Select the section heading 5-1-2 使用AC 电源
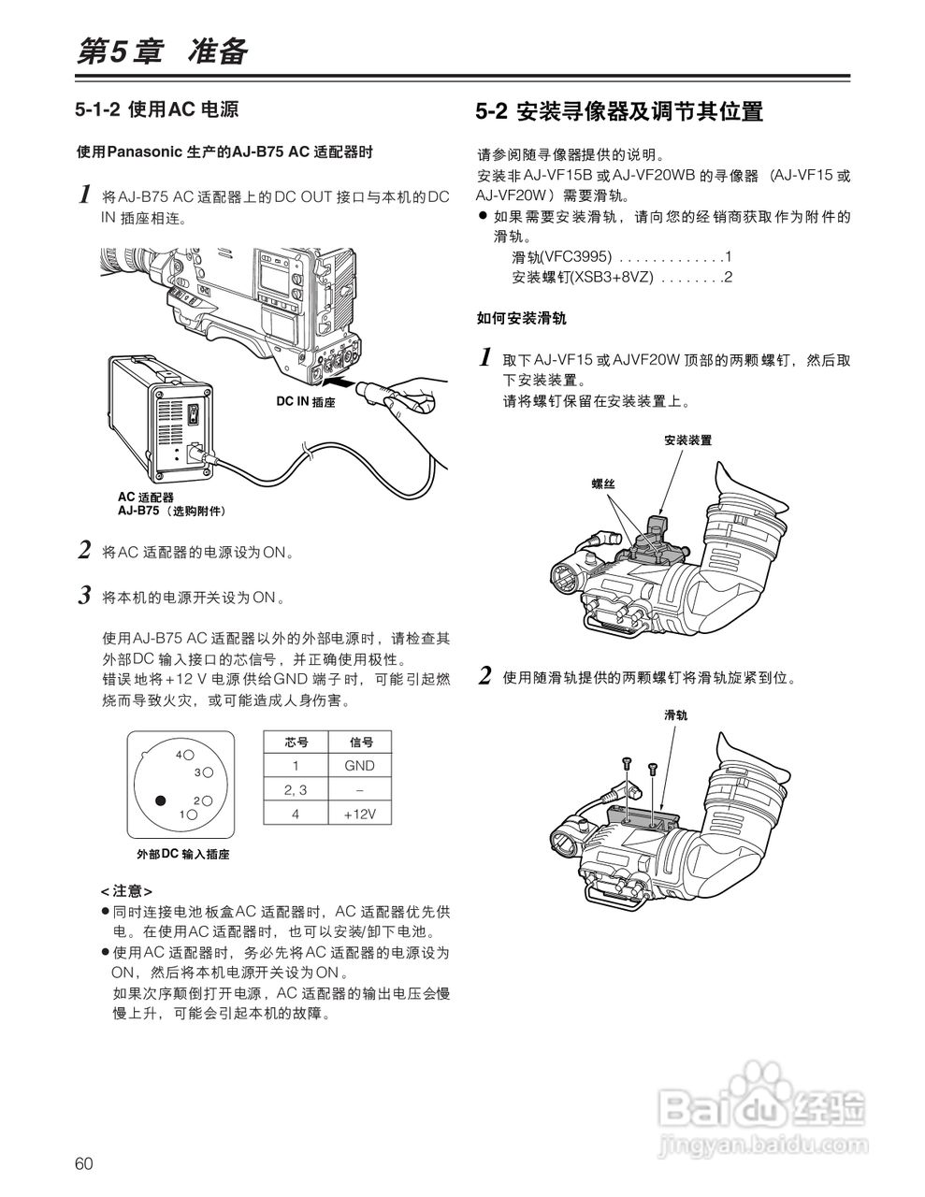point(157,109)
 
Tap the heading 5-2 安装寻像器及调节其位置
point(619,112)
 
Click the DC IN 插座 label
point(306,401)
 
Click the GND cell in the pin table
point(359,765)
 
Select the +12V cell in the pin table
point(359,815)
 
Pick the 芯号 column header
point(296,742)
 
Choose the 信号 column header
point(360,742)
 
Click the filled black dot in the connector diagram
point(160,800)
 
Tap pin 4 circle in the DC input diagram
point(188,754)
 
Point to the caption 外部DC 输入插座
point(182,854)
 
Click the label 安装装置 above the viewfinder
point(687,440)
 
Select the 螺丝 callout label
point(603,483)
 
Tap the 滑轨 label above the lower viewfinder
point(675,715)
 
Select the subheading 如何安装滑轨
point(521,319)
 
